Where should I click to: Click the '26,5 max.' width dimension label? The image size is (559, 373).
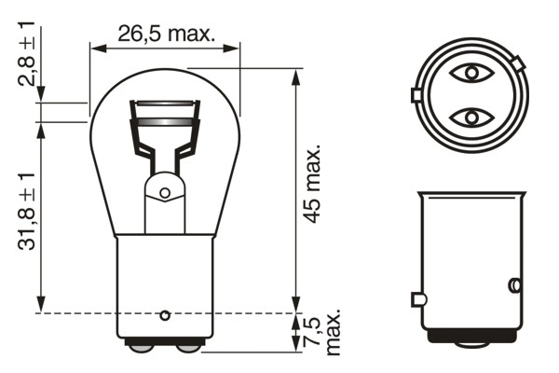(x=166, y=35)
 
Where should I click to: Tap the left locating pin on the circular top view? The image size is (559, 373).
(x=416, y=95)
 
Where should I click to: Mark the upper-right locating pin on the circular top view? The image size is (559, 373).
(x=518, y=63)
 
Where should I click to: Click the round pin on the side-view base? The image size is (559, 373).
(x=511, y=284)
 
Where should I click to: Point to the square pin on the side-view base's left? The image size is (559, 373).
(x=416, y=299)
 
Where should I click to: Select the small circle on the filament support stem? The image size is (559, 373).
(x=165, y=194)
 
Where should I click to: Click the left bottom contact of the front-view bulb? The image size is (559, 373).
(x=143, y=346)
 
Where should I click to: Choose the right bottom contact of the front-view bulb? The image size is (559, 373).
(x=187, y=346)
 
